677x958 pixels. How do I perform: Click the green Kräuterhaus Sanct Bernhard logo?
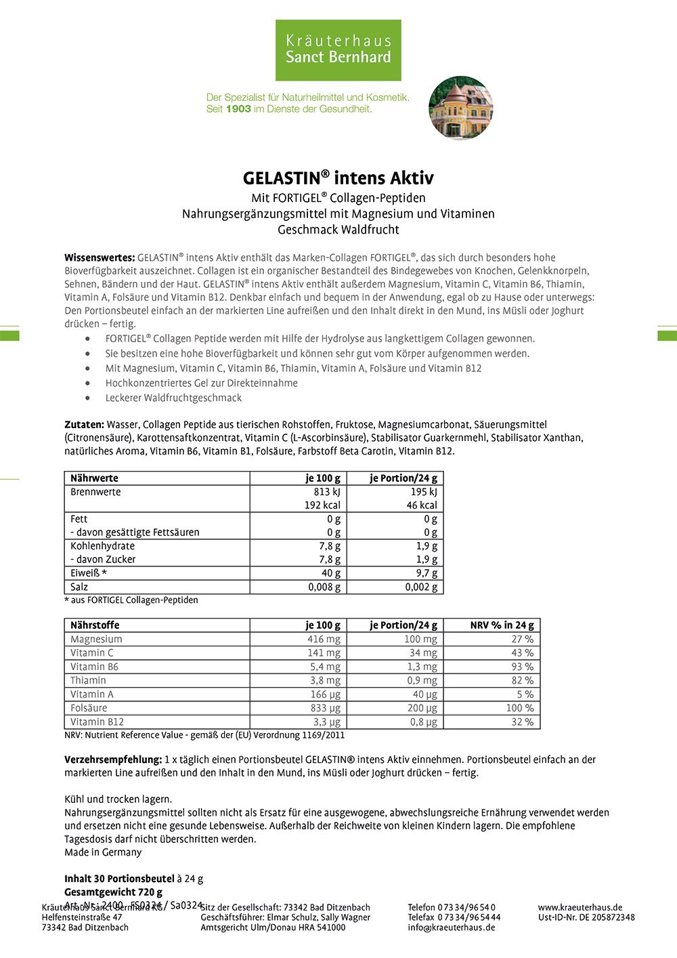click(338, 50)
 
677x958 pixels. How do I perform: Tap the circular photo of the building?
click(461, 108)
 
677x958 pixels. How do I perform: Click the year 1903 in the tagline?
click(238, 108)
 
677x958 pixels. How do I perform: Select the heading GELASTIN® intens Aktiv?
click(338, 178)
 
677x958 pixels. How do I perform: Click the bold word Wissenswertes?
click(100, 257)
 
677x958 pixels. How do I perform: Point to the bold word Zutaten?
click(84, 424)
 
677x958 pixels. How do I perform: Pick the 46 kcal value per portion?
click(422, 505)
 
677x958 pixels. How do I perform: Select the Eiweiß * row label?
click(89, 573)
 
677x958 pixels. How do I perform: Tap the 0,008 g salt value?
click(324, 587)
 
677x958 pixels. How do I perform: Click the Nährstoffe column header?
click(95, 625)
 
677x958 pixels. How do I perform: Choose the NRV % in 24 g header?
click(502, 625)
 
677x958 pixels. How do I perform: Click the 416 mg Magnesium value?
click(324, 639)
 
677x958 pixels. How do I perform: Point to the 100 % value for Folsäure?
click(520, 708)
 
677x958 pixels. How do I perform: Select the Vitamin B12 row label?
click(97, 722)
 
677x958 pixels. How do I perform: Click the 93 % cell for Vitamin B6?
click(522, 667)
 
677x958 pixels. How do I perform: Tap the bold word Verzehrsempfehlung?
click(113, 759)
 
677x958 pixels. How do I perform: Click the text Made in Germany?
click(103, 852)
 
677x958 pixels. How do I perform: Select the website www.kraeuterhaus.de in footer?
click(580, 907)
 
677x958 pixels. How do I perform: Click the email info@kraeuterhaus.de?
click(451, 928)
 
